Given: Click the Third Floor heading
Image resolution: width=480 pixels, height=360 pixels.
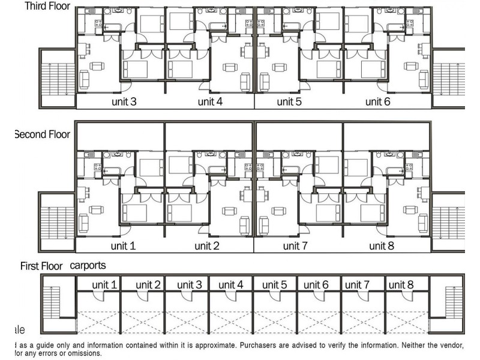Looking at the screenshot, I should pyautogui.click(x=47, y=7).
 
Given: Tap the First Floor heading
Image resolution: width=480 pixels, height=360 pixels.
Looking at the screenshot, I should pyautogui.click(x=41, y=265).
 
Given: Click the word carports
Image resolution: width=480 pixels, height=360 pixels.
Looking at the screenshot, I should pyautogui.click(x=92, y=265).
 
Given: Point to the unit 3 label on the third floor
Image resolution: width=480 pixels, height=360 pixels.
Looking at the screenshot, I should pyautogui.click(x=124, y=101).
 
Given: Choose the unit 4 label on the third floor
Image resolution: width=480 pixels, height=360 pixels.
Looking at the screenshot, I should pyautogui.click(x=210, y=101).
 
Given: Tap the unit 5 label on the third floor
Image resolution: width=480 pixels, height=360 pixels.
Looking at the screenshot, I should pyautogui.click(x=289, y=101).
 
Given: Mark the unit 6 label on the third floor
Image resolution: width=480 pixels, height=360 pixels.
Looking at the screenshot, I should pyautogui.click(x=378, y=101).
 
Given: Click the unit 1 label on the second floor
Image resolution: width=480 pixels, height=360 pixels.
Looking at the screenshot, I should pyautogui.click(x=124, y=246).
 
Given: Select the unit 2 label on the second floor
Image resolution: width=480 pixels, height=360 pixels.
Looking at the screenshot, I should pyautogui.click(x=208, y=246).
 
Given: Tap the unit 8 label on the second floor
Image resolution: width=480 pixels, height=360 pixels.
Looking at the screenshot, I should pyautogui.click(x=382, y=246).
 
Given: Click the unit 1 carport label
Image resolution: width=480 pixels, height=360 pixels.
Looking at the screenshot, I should pyautogui.click(x=104, y=284).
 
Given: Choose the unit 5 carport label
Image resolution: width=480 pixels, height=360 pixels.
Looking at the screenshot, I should pyautogui.click(x=275, y=284).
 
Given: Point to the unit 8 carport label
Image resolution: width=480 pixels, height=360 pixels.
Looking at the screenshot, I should pyautogui.click(x=401, y=284).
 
